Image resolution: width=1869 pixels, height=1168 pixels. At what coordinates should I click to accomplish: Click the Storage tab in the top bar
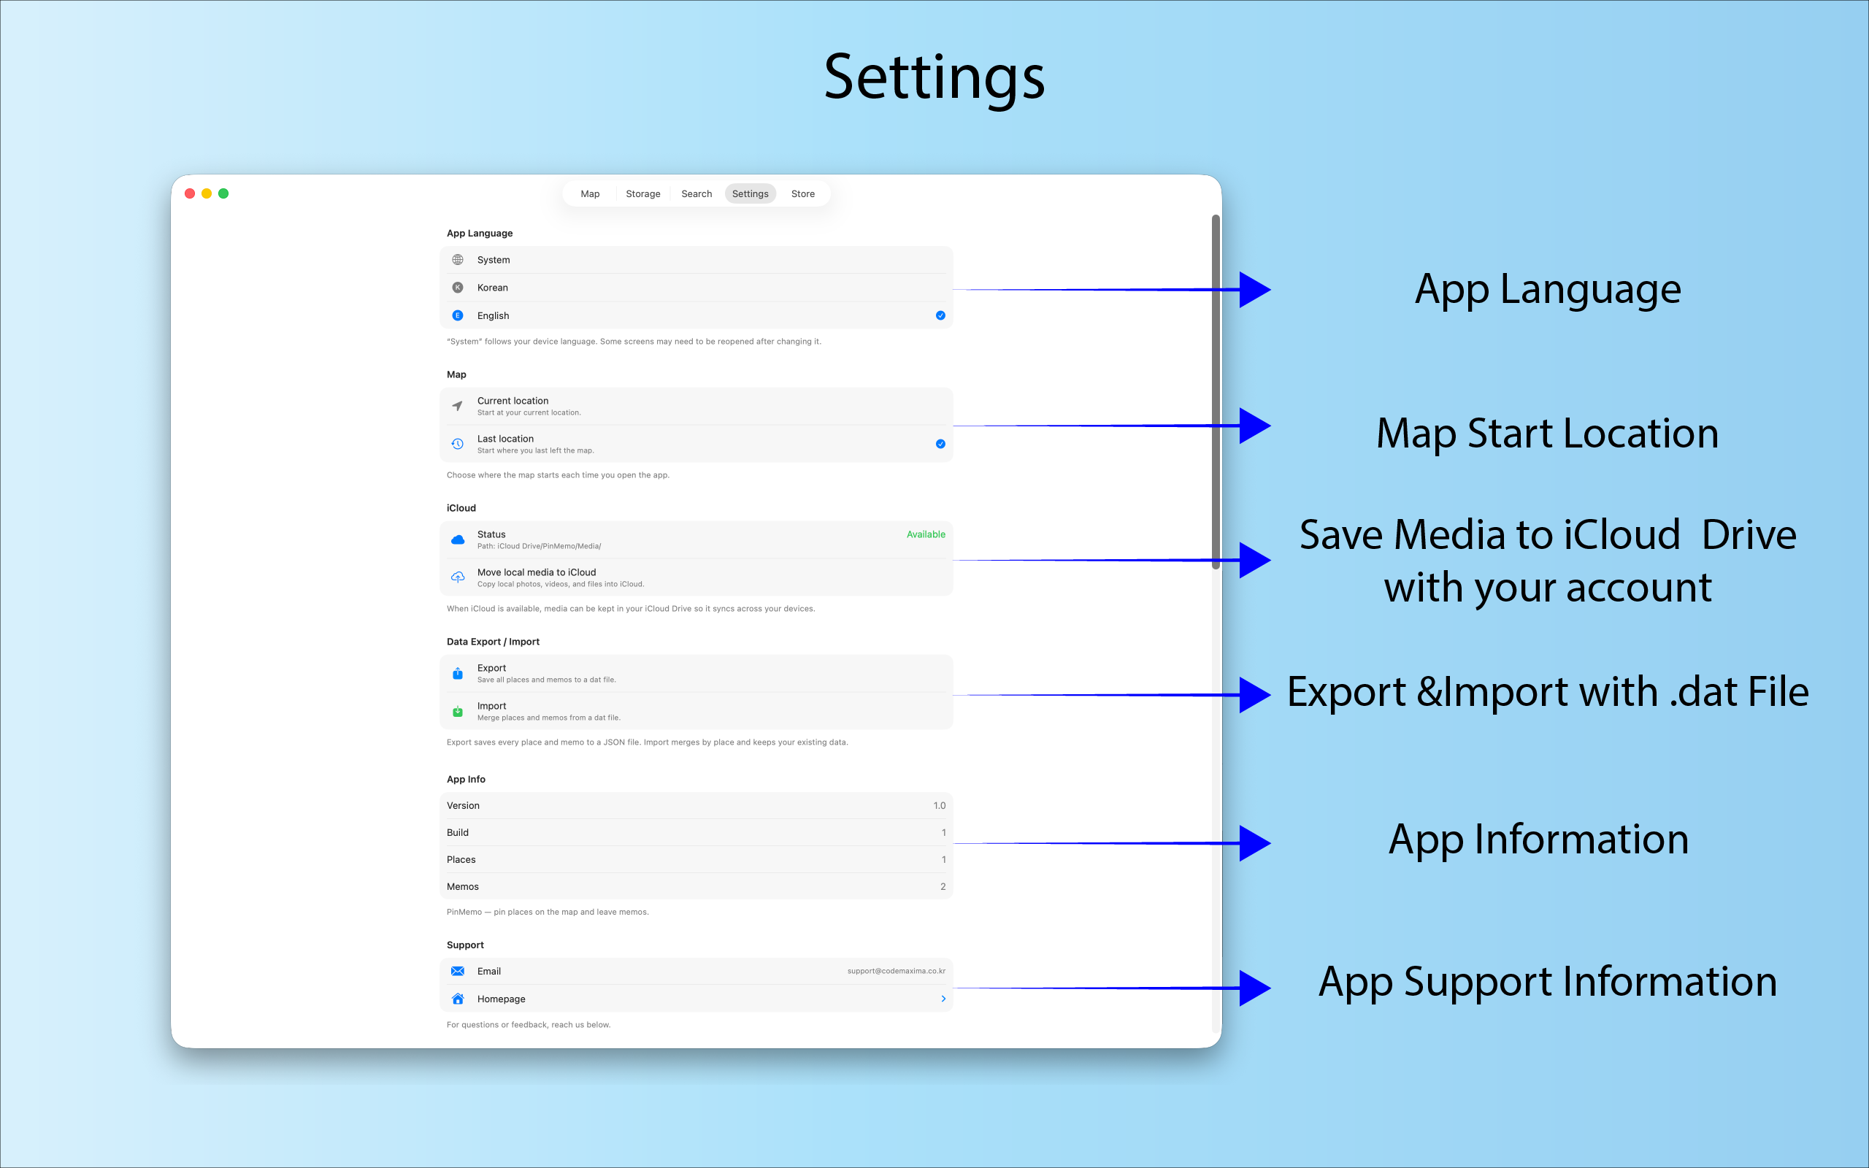click(x=642, y=194)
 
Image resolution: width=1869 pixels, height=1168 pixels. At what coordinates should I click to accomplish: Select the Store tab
click(x=802, y=194)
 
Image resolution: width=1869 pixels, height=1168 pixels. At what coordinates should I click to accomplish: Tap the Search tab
click(x=696, y=194)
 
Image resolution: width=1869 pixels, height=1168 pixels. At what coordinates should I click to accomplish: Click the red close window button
click(x=190, y=193)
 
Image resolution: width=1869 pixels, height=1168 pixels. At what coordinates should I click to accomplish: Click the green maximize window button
click(x=223, y=193)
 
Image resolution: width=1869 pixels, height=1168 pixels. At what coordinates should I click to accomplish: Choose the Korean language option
click(x=492, y=288)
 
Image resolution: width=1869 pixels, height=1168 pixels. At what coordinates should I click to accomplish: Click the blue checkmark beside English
click(x=940, y=315)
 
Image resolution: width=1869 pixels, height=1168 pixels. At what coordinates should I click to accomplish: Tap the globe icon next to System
click(x=458, y=260)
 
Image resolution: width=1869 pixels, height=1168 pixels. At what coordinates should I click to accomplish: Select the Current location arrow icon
click(x=458, y=406)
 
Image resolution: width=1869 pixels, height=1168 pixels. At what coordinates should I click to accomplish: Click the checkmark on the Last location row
click(x=940, y=443)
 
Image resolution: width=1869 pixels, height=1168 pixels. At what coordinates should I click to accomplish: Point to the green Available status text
click(x=925, y=534)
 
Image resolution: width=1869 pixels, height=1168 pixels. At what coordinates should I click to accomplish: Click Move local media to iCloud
click(x=536, y=572)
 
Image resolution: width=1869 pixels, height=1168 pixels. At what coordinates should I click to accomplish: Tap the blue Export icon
click(x=458, y=673)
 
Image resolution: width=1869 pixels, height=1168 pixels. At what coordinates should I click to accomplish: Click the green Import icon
click(x=458, y=711)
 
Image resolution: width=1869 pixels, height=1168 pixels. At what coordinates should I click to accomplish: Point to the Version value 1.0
click(x=939, y=806)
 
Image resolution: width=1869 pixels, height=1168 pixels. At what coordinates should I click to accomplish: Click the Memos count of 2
click(x=943, y=887)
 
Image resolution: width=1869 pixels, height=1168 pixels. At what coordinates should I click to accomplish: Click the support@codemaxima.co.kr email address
click(x=896, y=971)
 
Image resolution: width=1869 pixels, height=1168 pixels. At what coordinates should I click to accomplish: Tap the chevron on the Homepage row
click(x=943, y=999)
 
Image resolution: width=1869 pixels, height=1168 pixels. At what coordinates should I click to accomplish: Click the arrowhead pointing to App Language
click(x=1254, y=290)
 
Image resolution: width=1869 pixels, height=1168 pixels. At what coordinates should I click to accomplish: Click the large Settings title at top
click(x=934, y=78)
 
